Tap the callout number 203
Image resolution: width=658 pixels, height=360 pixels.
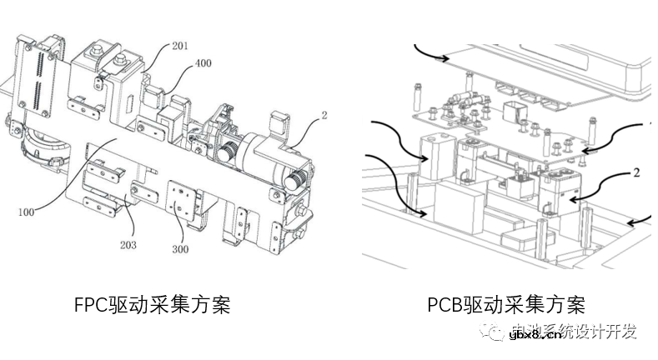[x=128, y=245]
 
